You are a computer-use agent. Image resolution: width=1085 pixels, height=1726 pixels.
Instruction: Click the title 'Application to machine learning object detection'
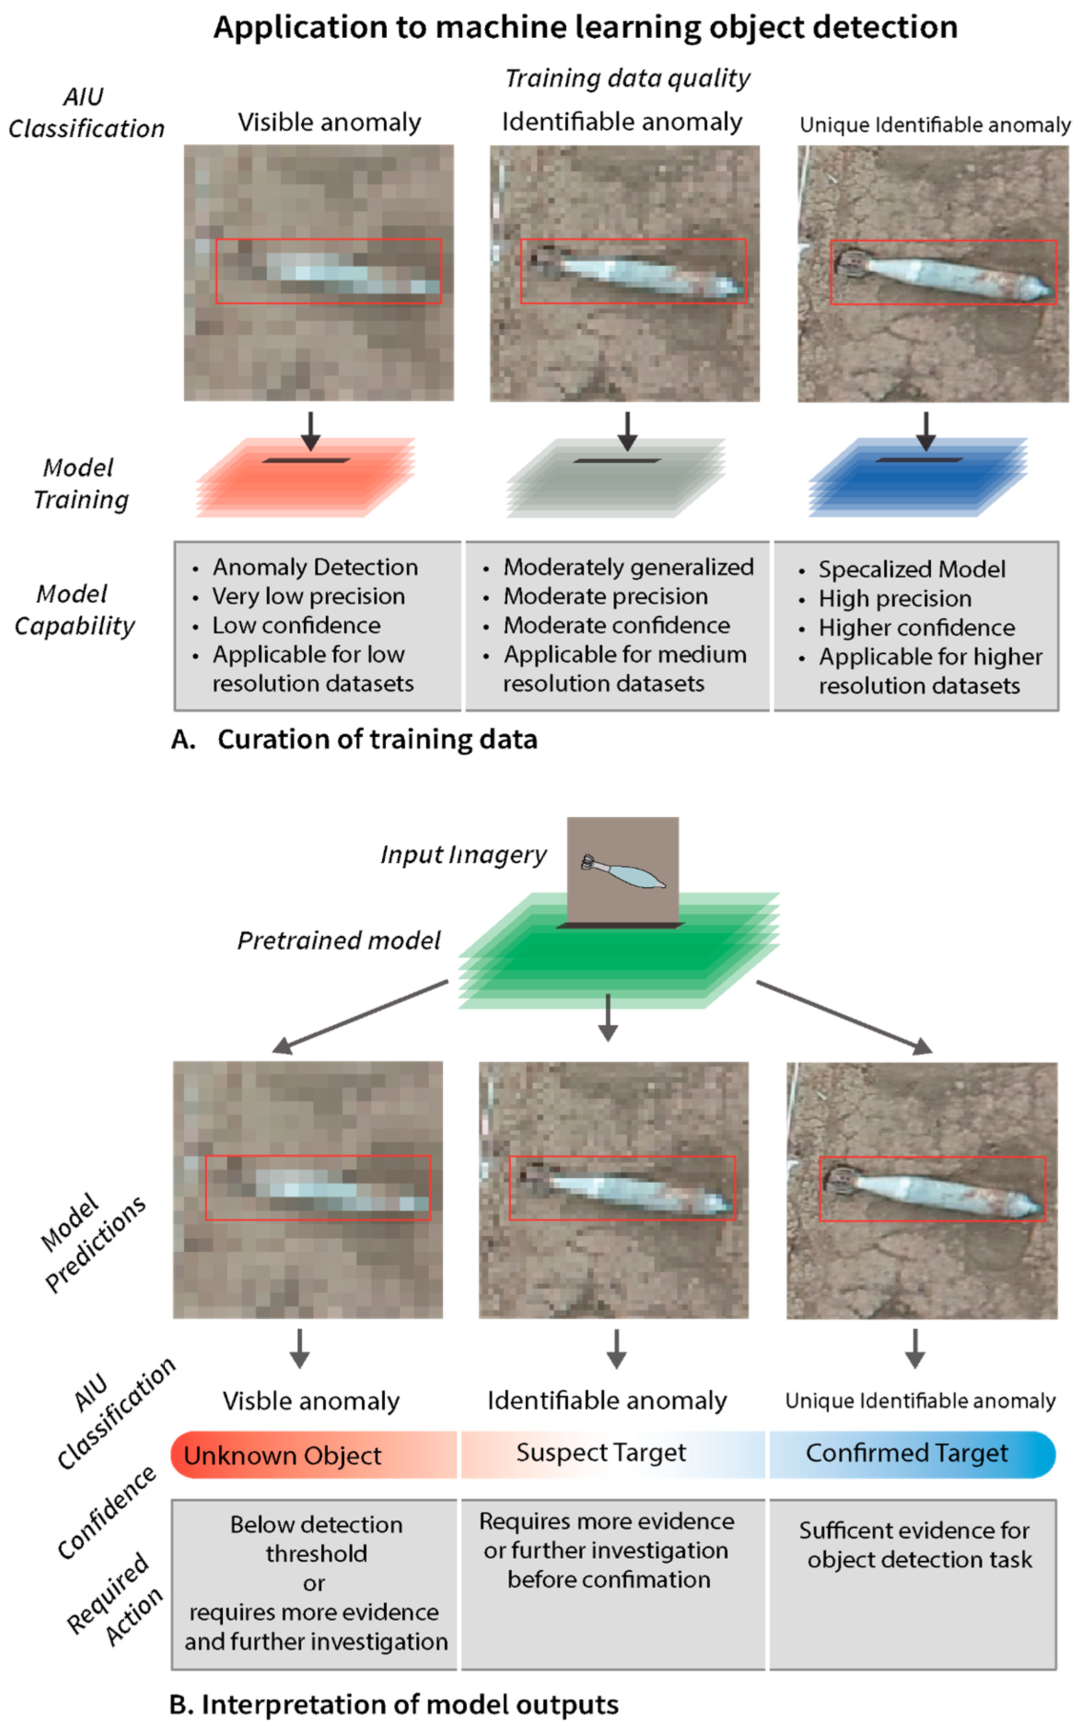click(585, 27)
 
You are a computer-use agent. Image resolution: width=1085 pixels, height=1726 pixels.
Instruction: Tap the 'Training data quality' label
click(627, 77)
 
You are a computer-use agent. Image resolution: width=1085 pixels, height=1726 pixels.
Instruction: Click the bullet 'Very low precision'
click(308, 596)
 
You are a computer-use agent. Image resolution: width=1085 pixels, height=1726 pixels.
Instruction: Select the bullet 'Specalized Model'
click(911, 569)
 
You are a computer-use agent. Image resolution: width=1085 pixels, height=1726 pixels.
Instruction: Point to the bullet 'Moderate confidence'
click(616, 625)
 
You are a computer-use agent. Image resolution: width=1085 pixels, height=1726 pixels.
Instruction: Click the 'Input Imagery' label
click(463, 854)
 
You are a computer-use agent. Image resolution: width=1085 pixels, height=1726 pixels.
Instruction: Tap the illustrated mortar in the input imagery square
click(622, 871)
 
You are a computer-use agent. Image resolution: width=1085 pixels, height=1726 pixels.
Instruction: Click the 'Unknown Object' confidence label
click(282, 1455)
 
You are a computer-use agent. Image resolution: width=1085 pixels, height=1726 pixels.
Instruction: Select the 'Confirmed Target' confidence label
click(906, 1452)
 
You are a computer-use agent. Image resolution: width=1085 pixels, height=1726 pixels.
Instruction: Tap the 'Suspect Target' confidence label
click(601, 1452)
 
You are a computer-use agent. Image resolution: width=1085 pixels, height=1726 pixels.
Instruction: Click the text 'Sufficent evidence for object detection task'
click(914, 1545)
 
